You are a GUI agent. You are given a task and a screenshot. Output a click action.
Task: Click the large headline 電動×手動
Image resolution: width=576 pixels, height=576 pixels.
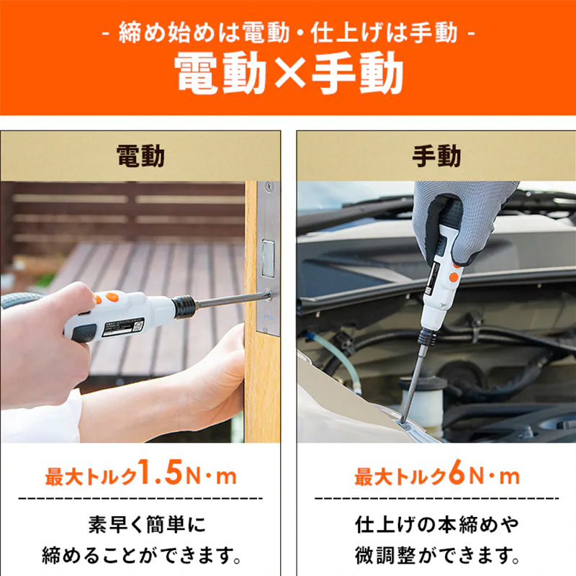tap(289, 73)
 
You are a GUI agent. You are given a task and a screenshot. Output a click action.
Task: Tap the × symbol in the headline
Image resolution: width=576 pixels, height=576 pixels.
tap(289, 73)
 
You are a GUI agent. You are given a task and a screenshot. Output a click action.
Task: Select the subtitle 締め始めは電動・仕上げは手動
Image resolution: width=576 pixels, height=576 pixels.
tap(288, 32)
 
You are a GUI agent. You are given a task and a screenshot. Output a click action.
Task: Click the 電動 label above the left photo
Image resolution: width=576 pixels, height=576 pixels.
tap(140, 156)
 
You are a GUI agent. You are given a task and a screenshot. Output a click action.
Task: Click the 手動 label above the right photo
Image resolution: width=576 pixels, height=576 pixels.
tap(436, 156)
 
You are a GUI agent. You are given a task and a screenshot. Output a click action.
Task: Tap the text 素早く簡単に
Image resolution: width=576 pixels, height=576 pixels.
tap(147, 525)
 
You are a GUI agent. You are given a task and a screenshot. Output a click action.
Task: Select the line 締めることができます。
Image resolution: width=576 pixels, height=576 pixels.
tap(141, 556)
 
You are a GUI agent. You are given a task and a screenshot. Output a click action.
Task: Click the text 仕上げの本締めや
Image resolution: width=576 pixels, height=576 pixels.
tap(437, 525)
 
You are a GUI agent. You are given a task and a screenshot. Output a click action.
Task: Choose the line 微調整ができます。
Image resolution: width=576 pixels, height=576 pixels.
tap(437, 556)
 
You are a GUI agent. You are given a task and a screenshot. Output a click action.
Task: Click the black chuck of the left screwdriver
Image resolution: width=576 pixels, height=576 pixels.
tap(184, 307)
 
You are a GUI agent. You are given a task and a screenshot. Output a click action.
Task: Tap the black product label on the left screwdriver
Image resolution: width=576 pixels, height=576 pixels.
tap(122, 328)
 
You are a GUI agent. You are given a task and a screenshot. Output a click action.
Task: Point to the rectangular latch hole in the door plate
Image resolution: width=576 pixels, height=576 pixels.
tap(268, 258)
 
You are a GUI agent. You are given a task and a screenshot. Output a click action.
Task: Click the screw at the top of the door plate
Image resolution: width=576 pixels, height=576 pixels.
tap(269, 186)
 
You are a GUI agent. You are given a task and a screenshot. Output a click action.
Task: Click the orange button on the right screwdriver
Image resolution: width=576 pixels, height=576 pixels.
tap(454, 277)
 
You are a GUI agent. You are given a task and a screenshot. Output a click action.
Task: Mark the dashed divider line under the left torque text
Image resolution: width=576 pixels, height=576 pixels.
tap(140, 498)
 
